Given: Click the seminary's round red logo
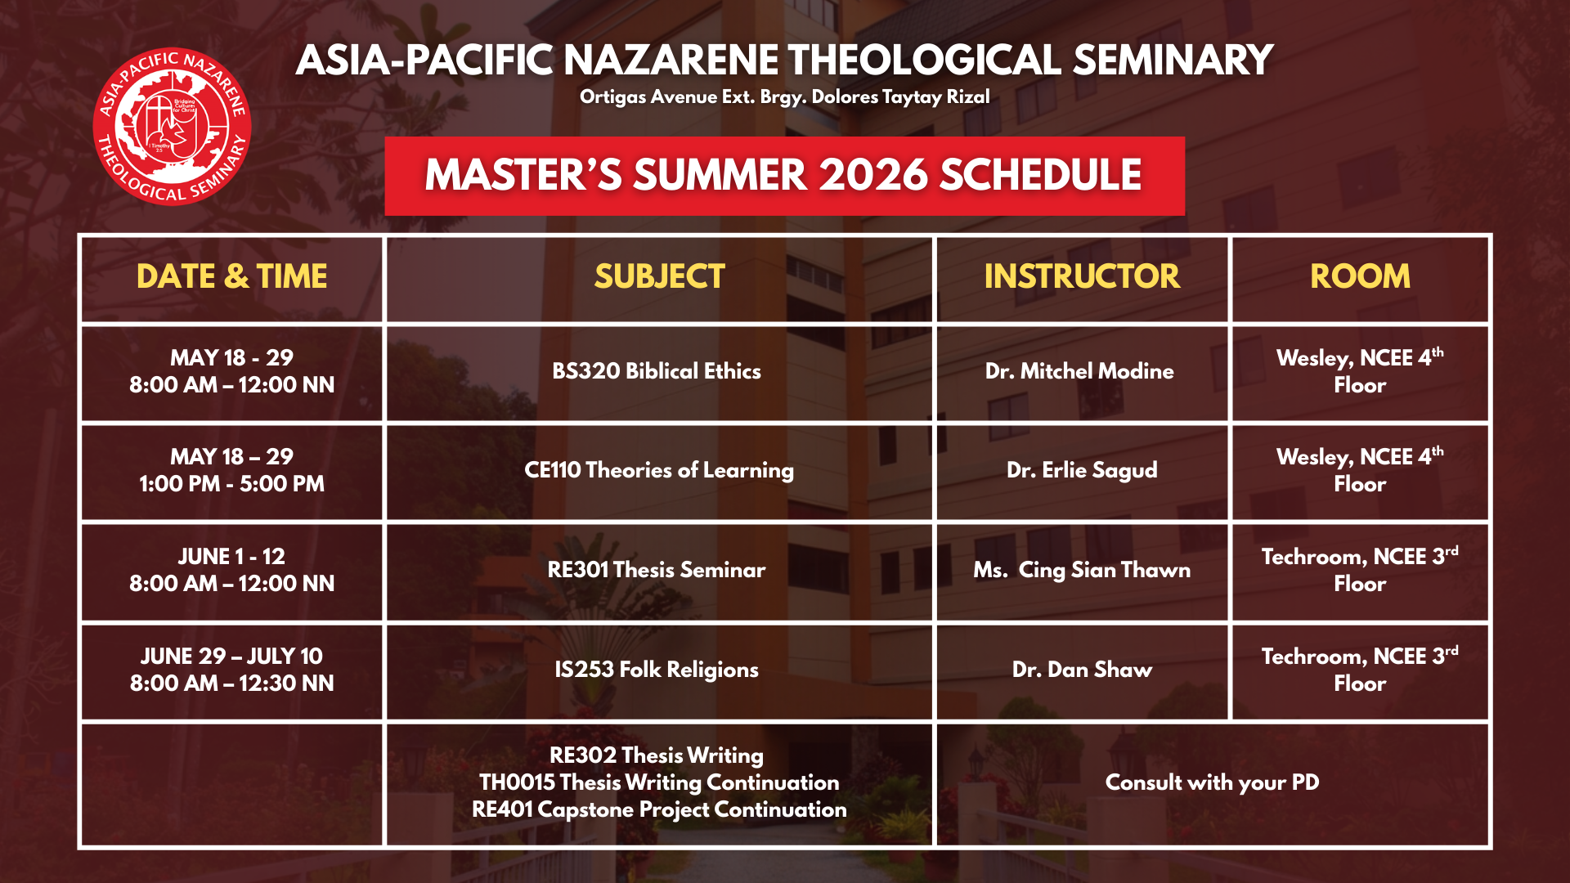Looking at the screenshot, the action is (172, 126).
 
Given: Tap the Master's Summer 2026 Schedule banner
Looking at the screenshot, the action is (784, 176).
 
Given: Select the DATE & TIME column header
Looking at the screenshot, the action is (232, 276).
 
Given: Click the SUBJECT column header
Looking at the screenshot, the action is (659, 276).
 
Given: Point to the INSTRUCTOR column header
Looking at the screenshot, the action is (1082, 276).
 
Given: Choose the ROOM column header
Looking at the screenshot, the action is (1360, 276).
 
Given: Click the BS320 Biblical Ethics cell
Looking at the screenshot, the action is (657, 371).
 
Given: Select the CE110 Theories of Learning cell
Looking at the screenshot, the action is (659, 470).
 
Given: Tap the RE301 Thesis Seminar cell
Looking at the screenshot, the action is (657, 570).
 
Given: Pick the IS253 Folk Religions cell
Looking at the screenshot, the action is (657, 670).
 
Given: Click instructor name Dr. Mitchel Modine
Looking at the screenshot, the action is (1079, 371).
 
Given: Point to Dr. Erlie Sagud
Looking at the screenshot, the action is (1082, 470).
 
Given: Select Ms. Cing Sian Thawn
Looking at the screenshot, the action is (1082, 570).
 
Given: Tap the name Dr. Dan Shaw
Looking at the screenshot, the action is (1082, 670).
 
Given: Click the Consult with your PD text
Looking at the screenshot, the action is (1212, 782).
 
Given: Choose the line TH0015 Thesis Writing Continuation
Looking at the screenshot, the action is (659, 782).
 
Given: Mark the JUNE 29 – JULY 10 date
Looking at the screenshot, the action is (232, 656).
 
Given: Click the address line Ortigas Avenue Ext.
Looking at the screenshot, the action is (784, 97).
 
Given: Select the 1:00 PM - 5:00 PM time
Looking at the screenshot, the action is (232, 484).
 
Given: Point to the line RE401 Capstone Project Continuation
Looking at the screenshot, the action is (659, 809).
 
